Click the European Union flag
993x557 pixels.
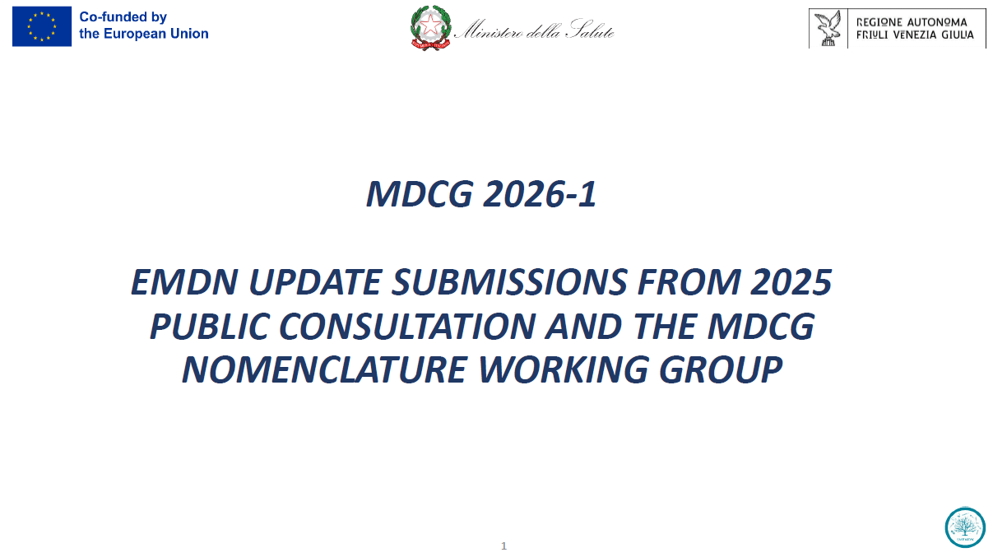tap(41, 26)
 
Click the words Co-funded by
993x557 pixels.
tap(123, 17)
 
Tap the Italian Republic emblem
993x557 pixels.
tap(430, 29)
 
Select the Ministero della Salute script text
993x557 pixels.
tap(534, 31)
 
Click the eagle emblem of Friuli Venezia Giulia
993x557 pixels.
tap(828, 29)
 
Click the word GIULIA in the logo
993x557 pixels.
tap(954, 35)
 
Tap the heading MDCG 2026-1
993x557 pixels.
tap(481, 194)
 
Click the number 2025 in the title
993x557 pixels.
tap(791, 282)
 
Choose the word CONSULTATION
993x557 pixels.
tap(407, 327)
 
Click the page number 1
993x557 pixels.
tap(504, 546)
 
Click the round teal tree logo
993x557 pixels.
tap(965, 527)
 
